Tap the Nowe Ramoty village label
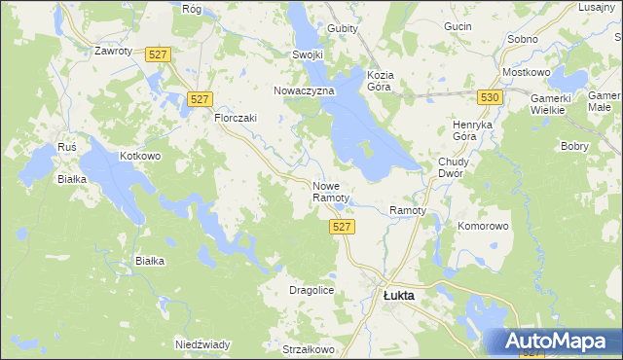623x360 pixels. pyautogui.click(x=330, y=192)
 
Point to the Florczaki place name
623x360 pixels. pyautogui.click(x=235, y=118)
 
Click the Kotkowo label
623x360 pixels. pyautogui.click(x=139, y=156)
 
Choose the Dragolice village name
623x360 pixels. pyautogui.click(x=312, y=290)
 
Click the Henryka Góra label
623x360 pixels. pyautogui.click(x=475, y=131)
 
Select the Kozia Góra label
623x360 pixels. pyautogui.click(x=380, y=80)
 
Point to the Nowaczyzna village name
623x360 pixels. pyautogui.click(x=304, y=90)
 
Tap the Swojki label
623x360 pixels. pyautogui.click(x=307, y=54)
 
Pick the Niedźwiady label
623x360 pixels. pyautogui.click(x=202, y=344)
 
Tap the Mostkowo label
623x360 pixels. pyautogui.click(x=526, y=73)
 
